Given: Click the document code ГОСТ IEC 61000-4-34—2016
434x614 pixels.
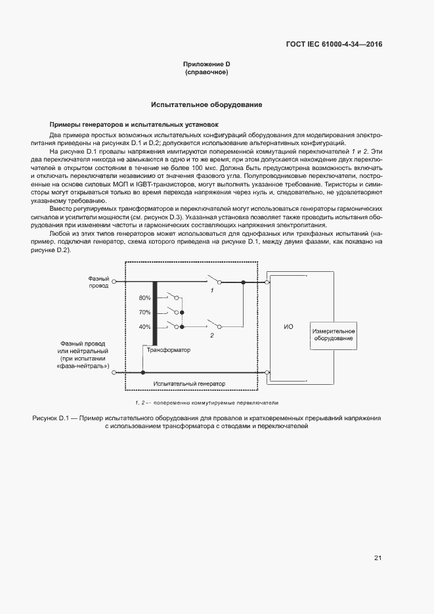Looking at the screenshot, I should point(334,45).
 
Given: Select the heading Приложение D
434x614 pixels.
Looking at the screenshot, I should point(206,64).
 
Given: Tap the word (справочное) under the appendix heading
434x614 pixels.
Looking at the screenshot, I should point(206,72).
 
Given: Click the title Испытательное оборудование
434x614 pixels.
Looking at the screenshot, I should point(206,104).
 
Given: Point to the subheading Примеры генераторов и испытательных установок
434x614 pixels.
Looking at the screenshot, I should point(134,124).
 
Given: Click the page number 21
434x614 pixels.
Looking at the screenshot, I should point(378,558).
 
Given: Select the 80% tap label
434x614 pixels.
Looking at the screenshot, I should point(144,298).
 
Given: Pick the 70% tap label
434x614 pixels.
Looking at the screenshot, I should point(144,313).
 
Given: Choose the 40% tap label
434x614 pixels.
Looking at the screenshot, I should point(144,326).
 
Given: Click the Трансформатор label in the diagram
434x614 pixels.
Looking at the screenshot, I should point(167,350).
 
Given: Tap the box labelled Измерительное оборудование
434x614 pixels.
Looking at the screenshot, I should point(334,335).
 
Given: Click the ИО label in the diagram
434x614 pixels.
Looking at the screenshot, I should point(288,326).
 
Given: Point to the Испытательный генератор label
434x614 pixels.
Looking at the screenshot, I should point(188,384).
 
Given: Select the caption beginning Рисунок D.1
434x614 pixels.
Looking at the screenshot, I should point(206,422).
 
